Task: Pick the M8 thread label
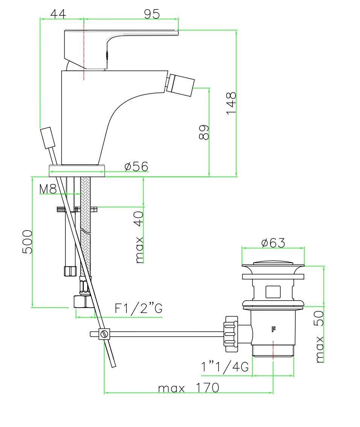[x=48, y=189]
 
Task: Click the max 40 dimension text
[x=139, y=237]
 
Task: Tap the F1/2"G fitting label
[x=138, y=308]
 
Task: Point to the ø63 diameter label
[x=273, y=243]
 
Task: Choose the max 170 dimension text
[x=188, y=387]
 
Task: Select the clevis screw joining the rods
[x=104, y=334]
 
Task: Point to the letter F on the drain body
[x=273, y=330]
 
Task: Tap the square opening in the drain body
[x=273, y=292]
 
